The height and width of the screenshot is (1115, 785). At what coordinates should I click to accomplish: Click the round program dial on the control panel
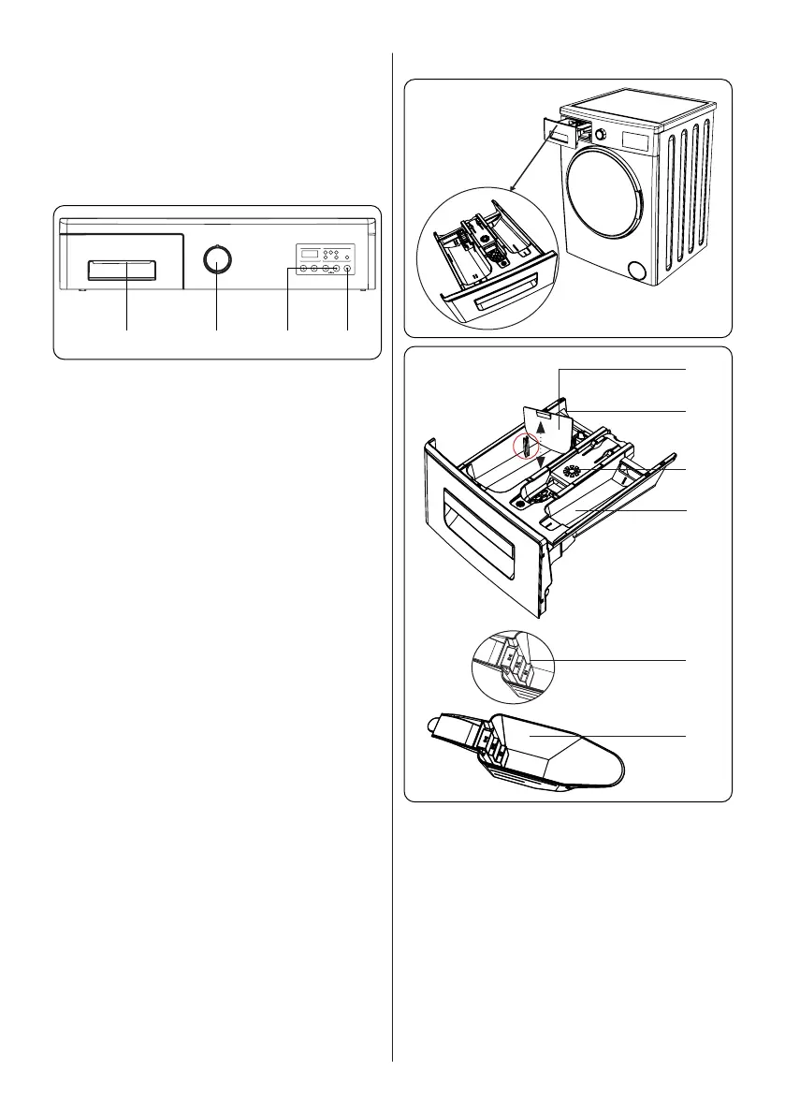tap(216, 259)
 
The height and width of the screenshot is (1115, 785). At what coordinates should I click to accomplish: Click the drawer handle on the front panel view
tap(122, 271)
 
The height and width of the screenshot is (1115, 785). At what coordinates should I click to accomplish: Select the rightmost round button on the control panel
tap(347, 270)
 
